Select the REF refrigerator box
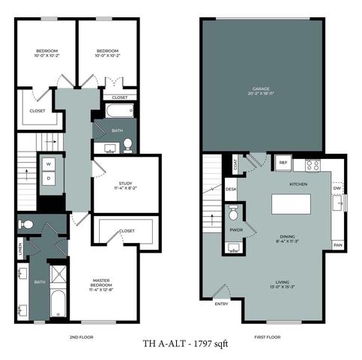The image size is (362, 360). [283, 162]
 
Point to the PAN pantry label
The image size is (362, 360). [338, 245]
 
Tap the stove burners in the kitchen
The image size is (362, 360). [312, 163]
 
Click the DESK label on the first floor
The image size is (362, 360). [231, 189]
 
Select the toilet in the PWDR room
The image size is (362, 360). [232, 211]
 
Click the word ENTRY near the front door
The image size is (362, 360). [221, 304]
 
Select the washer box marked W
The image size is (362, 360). [49, 163]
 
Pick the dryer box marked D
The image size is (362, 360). [49, 178]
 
